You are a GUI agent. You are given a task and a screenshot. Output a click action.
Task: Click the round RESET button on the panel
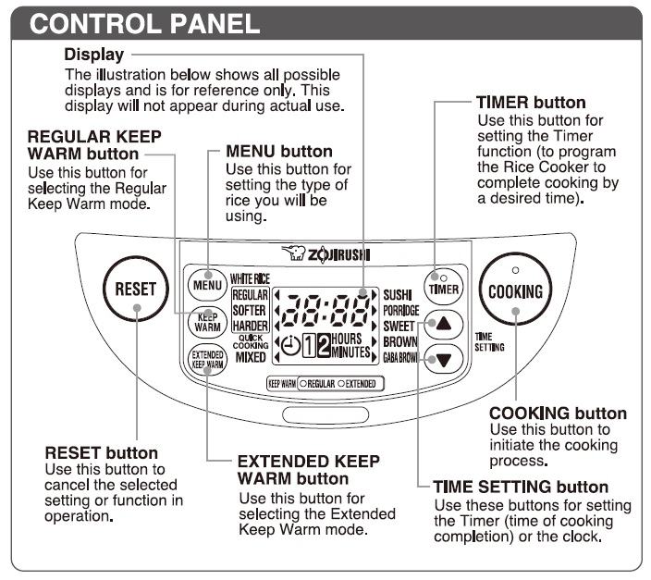[135, 289]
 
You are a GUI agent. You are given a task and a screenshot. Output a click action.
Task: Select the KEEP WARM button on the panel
[208, 322]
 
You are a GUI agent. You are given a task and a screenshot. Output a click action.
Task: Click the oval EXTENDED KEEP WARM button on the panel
[207, 360]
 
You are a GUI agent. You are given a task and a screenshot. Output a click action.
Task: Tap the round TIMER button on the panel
[444, 285]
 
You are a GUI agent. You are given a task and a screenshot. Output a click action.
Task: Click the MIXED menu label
[251, 358]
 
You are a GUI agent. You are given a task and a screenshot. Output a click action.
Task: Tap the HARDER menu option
[250, 326]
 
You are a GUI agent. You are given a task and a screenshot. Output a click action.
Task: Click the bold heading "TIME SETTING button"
[521, 487]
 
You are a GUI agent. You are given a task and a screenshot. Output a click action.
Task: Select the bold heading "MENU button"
[279, 151]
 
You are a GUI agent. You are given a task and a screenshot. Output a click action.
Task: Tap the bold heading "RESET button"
[101, 453]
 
